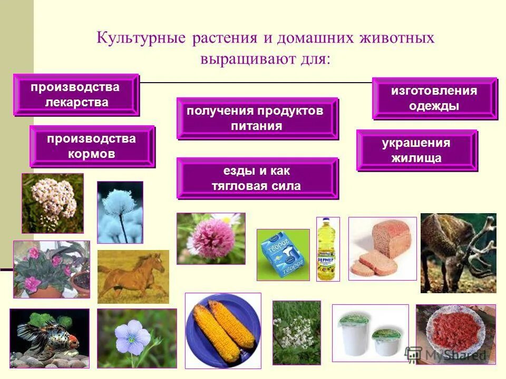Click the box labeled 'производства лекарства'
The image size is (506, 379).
[x=76, y=95]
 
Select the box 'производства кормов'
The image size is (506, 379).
[x=92, y=146]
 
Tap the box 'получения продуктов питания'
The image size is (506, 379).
[x=257, y=118]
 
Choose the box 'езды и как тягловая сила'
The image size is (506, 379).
[x=257, y=178]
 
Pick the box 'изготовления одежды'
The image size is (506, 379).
[x=434, y=98]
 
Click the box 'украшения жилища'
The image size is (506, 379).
[x=416, y=151]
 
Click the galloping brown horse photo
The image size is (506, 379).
[x=133, y=276]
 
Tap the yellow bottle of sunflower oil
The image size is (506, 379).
[x=327, y=248]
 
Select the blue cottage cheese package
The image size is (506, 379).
[x=283, y=254]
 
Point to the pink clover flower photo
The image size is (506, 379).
[x=210, y=238]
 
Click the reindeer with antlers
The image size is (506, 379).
[x=458, y=252]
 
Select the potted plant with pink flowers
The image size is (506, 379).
[x=51, y=269]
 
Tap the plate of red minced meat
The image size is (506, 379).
[x=455, y=333]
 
